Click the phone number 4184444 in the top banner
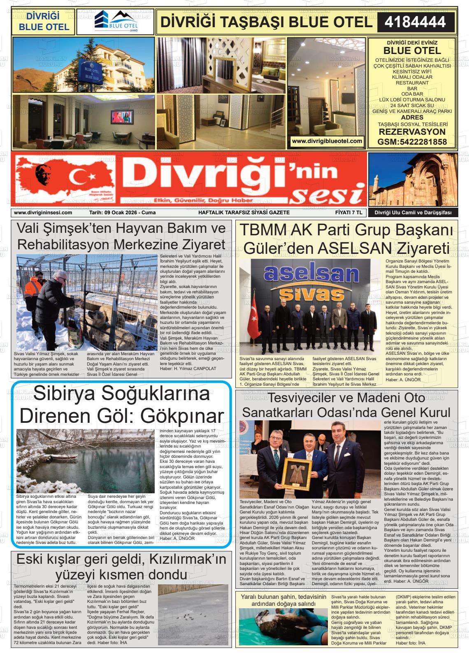pyautogui.click(x=415, y=22)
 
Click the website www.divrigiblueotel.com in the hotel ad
pyautogui.click(x=327, y=141)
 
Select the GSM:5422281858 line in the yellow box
pyautogui.click(x=412, y=142)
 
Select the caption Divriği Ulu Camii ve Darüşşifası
pyautogui.click(x=413, y=213)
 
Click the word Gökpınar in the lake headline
pyautogui.click(x=181, y=416)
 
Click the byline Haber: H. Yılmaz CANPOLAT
pyautogui.click(x=188, y=368)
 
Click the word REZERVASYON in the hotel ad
pyautogui.click(x=412, y=132)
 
